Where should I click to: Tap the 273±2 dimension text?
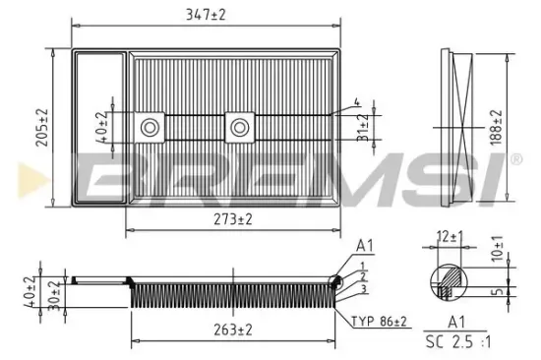click(x=231, y=220)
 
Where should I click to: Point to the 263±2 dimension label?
click(x=231, y=330)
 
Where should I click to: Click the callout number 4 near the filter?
click(x=357, y=101)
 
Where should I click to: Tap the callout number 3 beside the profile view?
click(x=364, y=290)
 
